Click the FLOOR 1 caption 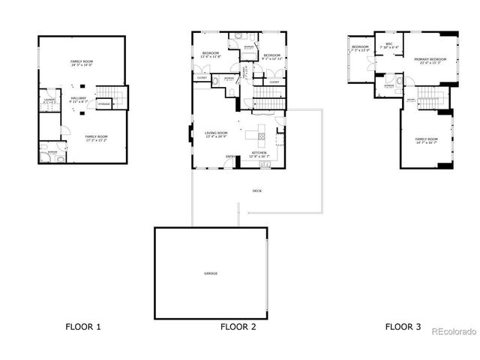(83, 326)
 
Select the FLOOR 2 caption (238, 326)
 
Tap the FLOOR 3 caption (403, 326)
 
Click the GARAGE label (211, 273)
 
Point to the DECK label (256, 191)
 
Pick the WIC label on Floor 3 (389, 44)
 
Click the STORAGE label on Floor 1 (103, 103)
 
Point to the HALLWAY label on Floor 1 (79, 98)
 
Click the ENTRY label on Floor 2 (229, 156)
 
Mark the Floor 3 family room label (427, 139)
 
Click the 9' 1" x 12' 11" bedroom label (271, 56)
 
